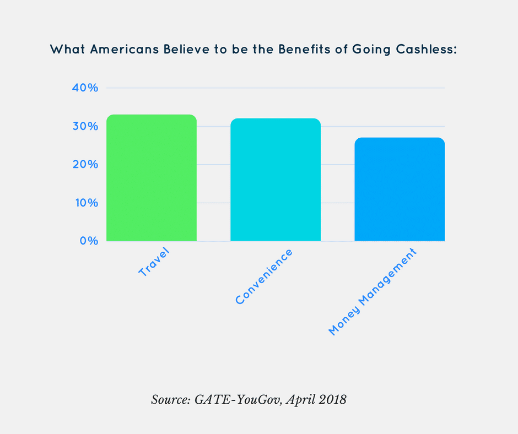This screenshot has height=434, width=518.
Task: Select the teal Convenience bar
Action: coord(276,180)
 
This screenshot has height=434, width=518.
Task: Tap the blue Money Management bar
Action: coord(400,189)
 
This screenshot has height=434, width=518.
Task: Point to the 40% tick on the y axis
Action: coord(85,88)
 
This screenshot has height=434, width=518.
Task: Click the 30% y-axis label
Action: coord(85,126)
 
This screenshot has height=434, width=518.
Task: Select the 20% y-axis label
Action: coord(85,165)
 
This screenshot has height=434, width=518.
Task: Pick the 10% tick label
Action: coord(85,203)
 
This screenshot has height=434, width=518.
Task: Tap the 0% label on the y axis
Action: coord(88,241)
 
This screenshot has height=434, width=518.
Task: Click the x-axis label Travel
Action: coord(154,262)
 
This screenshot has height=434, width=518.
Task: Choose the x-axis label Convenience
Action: coord(263,276)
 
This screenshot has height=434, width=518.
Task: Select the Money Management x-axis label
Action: coord(373,292)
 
